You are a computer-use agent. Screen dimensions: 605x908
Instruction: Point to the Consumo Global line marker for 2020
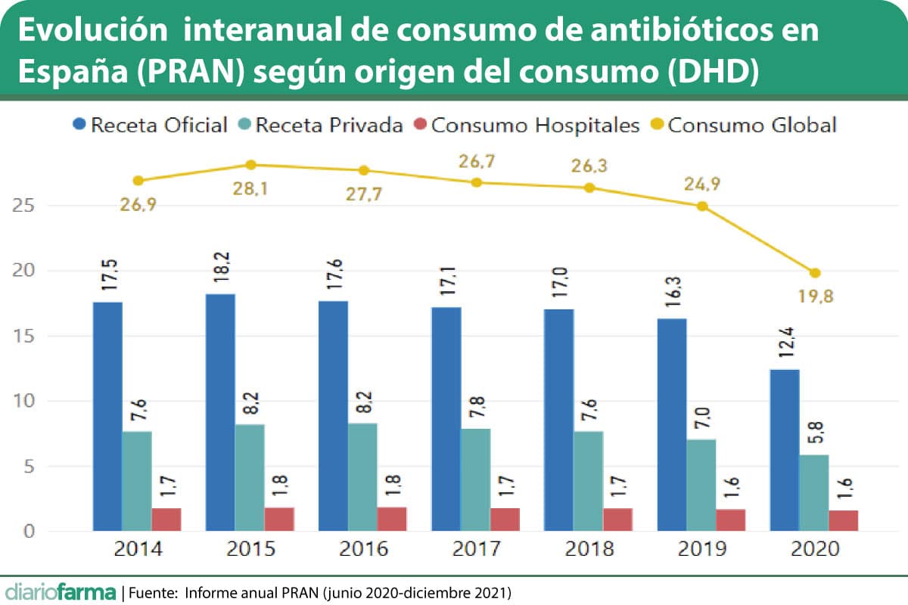click(815, 273)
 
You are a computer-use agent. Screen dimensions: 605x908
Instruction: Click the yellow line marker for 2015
click(250, 165)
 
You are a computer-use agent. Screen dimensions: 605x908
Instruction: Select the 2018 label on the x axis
click(590, 549)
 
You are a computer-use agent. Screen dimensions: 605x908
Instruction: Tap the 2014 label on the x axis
click(137, 549)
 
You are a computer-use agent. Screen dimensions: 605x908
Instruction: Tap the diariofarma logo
click(61, 591)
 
